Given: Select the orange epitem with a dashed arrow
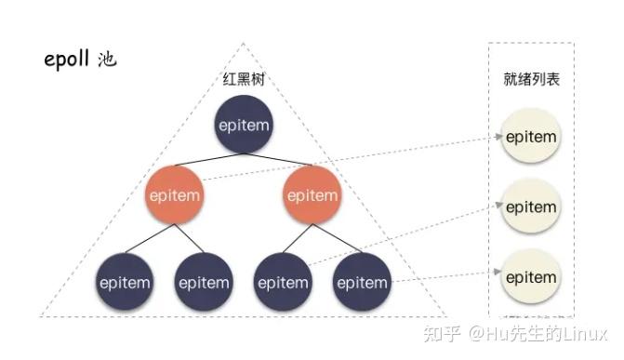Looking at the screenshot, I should point(174,195).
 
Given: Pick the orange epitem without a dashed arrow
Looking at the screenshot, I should point(312,195).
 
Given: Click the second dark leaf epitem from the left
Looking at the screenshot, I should point(204,281).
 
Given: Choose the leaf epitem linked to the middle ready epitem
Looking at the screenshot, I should point(284,281).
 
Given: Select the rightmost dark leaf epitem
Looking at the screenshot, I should point(362,281).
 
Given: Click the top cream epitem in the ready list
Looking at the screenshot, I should point(531,138).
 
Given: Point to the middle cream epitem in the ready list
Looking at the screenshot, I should point(531,207).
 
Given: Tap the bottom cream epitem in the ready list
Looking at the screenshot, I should point(531,276).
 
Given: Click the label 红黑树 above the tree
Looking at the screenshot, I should point(244,80).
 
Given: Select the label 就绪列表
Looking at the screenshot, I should point(531,80).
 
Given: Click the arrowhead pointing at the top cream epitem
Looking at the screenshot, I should point(495,138).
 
